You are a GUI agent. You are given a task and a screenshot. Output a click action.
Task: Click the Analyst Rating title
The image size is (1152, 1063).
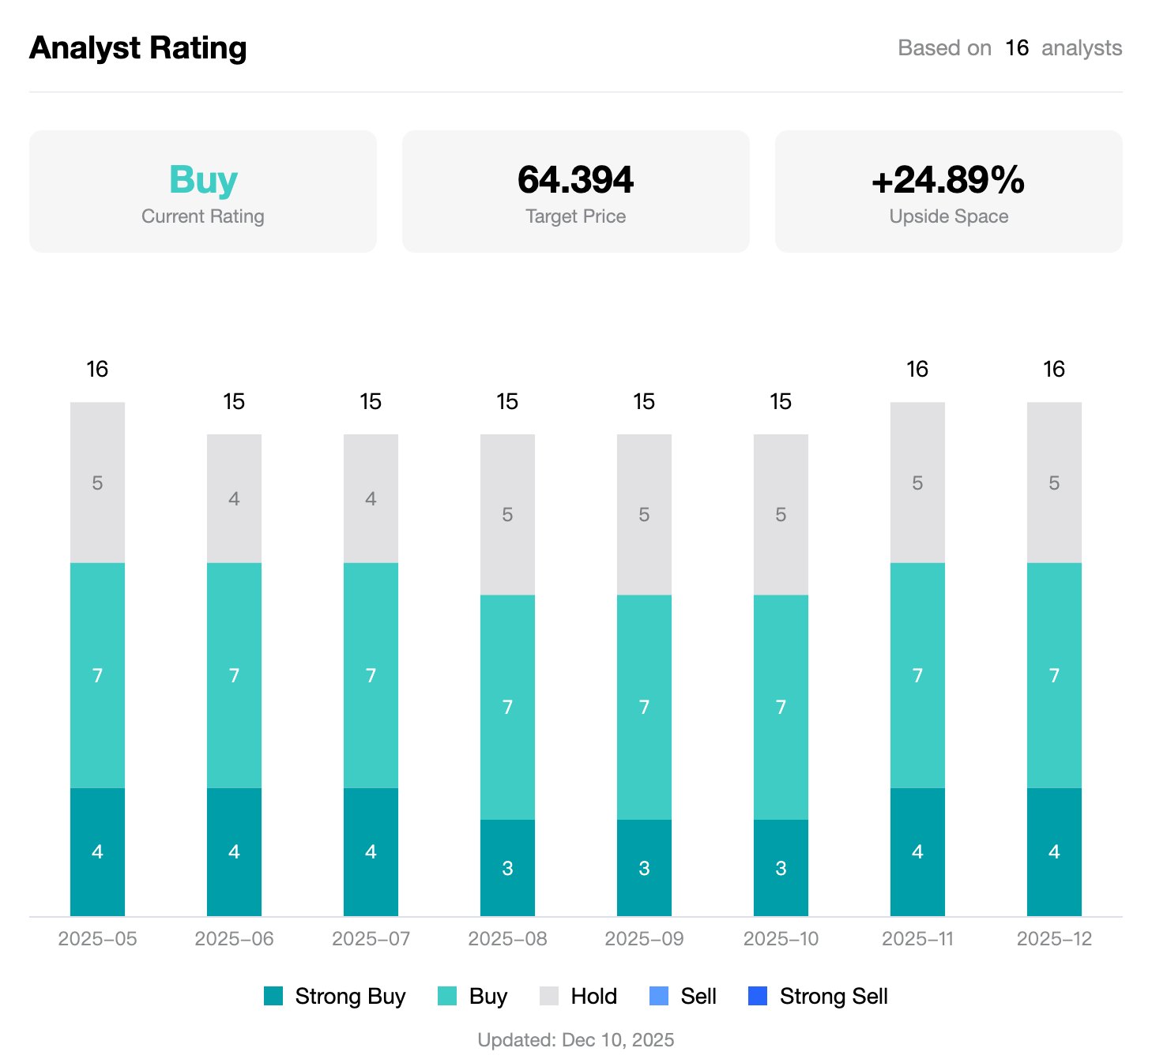click(137, 48)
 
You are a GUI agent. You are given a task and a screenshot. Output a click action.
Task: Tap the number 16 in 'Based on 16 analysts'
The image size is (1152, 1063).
click(1016, 48)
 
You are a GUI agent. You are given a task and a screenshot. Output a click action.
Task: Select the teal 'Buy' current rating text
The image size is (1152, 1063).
click(203, 180)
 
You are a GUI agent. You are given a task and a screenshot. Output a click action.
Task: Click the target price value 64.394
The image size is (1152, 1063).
click(575, 180)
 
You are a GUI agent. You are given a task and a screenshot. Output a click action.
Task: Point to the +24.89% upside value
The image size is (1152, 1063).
click(947, 180)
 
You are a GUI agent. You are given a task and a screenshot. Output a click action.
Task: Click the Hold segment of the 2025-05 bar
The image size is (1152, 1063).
click(97, 483)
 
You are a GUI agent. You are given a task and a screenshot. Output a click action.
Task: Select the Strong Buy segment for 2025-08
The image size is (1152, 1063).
click(507, 868)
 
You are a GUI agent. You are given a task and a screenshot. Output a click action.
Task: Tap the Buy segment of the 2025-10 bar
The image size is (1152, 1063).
click(781, 707)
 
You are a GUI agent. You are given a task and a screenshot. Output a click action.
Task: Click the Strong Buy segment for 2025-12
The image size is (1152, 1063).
click(1054, 851)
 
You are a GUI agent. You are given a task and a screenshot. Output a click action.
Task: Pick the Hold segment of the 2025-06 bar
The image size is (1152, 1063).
click(234, 498)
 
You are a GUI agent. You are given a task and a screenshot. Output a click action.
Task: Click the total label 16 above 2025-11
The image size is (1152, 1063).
click(917, 369)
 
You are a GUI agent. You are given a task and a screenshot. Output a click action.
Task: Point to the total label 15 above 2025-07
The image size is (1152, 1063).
click(371, 401)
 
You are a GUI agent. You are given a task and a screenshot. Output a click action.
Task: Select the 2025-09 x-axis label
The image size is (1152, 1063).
click(644, 939)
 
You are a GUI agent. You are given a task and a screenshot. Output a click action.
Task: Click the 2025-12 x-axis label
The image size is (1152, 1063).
click(1054, 939)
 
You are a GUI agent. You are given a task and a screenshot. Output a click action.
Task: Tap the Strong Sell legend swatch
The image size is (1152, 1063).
click(757, 996)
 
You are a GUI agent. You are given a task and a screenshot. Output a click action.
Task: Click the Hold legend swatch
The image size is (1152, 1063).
click(549, 996)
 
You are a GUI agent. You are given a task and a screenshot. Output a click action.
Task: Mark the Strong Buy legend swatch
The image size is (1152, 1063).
click(273, 996)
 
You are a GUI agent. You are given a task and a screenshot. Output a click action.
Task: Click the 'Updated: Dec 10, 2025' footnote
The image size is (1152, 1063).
click(575, 1040)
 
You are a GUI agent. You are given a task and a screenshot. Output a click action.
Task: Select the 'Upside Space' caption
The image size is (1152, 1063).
click(948, 216)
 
